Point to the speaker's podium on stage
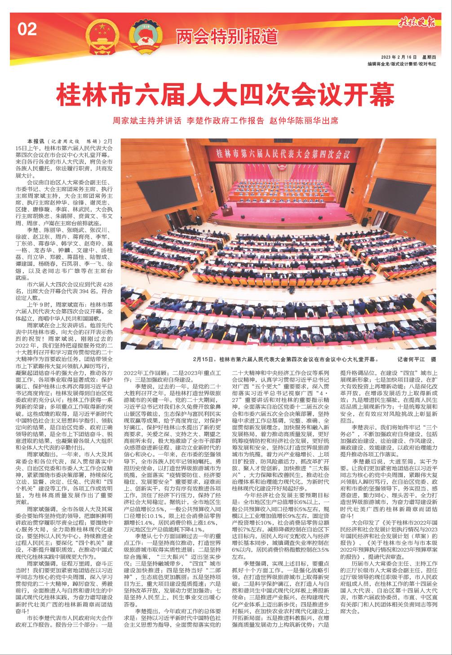pos(228,211)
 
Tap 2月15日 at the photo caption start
pos(203,360)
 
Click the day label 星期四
pos(432,58)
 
